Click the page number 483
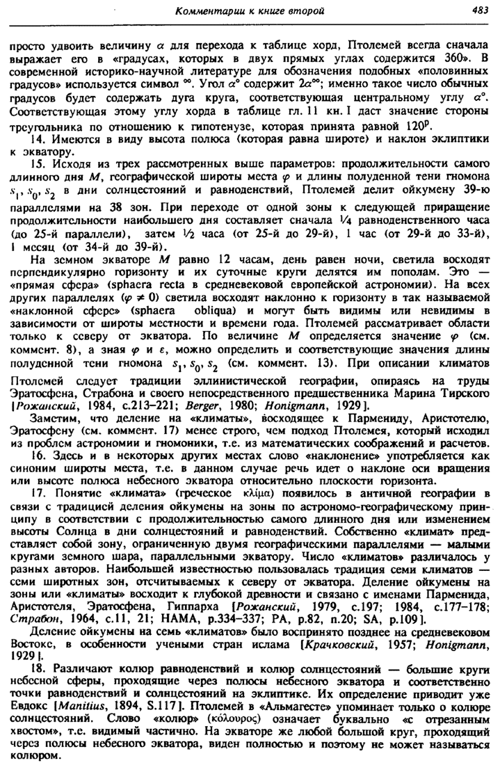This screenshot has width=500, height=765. (x=478, y=10)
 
